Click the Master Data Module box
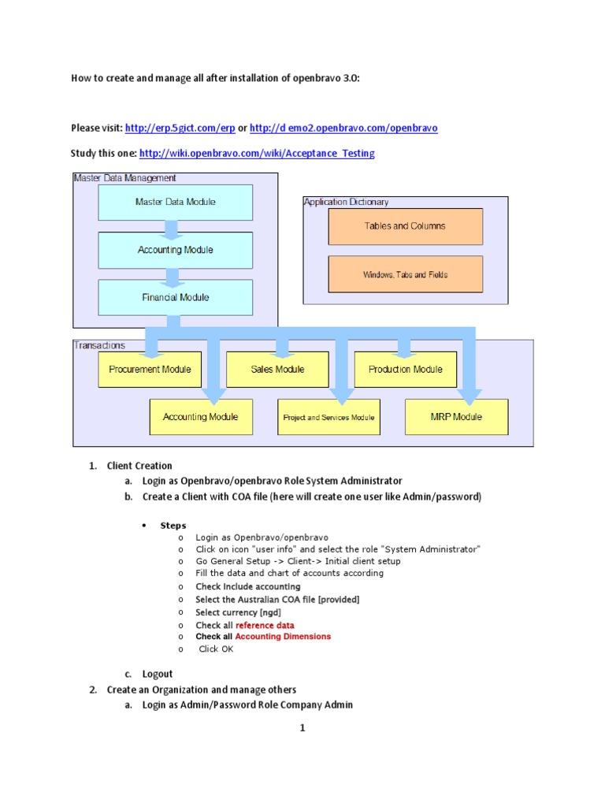(175, 203)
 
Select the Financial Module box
(175, 297)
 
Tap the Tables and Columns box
(405, 226)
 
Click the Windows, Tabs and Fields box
(405, 274)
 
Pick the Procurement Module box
(149, 370)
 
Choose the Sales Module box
(277, 370)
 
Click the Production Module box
(405, 370)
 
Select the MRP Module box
(456, 417)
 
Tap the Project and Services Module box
(328, 417)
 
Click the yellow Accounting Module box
(200, 417)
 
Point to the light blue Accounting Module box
(175, 250)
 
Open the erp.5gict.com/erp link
(180, 128)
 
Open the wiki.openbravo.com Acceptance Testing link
(257, 153)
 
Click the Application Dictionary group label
(346, 203)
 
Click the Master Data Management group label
(124, 178)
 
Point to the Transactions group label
(99, 345)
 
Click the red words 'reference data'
(265, 625)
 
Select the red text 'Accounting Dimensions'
(283, 636)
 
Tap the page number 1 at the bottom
(302, 728)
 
